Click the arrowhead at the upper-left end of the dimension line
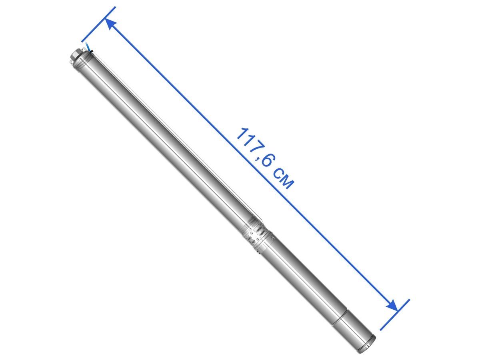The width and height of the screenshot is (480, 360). (x=110, y=24)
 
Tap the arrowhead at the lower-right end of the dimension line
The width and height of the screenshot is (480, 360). (x=392, y=305)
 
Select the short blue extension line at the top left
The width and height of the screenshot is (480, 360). (x=98, y=24)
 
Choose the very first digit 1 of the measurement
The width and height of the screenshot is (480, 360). (x=242, y=134)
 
